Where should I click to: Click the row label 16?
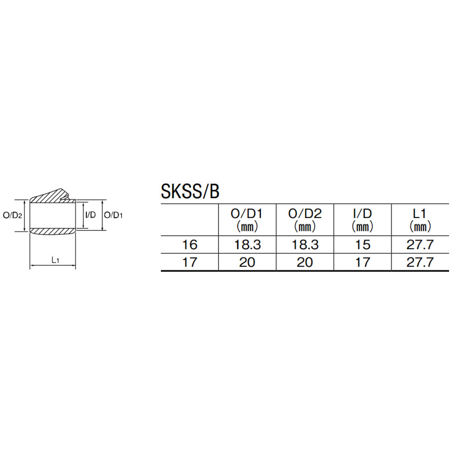pyautogui.click(x=190, y=245)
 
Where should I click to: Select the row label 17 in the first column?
pyautogui.click(x=190, y=262)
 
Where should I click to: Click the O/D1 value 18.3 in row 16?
pyautogui.click(x=247, y=245)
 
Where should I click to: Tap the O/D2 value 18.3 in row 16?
pyautogui.click(x=305, y=245)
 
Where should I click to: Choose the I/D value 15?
pyautogui.click(x=363, y=245)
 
